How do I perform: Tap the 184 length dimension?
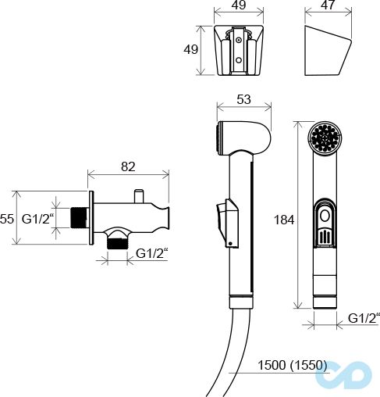click(x=284, y=220)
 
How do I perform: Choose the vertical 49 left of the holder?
click(x=190, y=50)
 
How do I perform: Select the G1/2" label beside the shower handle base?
click(x=363, y=317)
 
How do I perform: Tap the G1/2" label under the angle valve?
click(x=153, y=252)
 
